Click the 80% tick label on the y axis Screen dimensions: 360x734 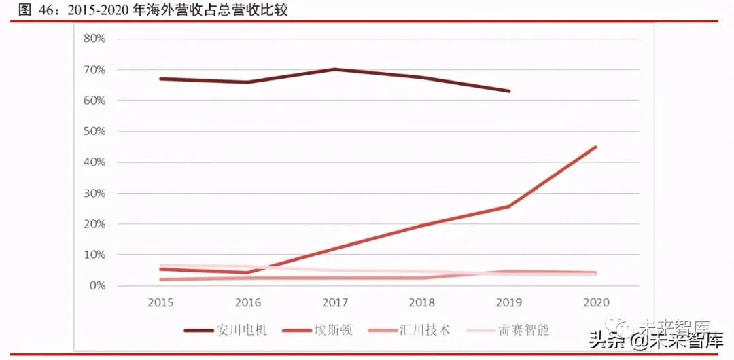click(94, 39)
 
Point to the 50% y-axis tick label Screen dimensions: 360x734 click(94, 131)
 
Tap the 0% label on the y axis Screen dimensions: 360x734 click(97, 285)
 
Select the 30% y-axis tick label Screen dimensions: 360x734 click(94, 193)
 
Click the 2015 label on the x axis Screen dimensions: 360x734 click(160, 302)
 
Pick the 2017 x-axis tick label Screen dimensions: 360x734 click(335, 302)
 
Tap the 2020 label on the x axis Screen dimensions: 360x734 click(596, 302)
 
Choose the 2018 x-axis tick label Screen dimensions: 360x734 click(422, 302)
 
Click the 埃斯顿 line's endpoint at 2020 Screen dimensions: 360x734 click(596, 147)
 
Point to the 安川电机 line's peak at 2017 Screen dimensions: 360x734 click(335, 69)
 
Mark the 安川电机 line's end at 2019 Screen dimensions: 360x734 click(509, 91)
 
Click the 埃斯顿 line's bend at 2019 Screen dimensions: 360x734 click(509, 206)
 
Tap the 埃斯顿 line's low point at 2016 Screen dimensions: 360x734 click(248, 272)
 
